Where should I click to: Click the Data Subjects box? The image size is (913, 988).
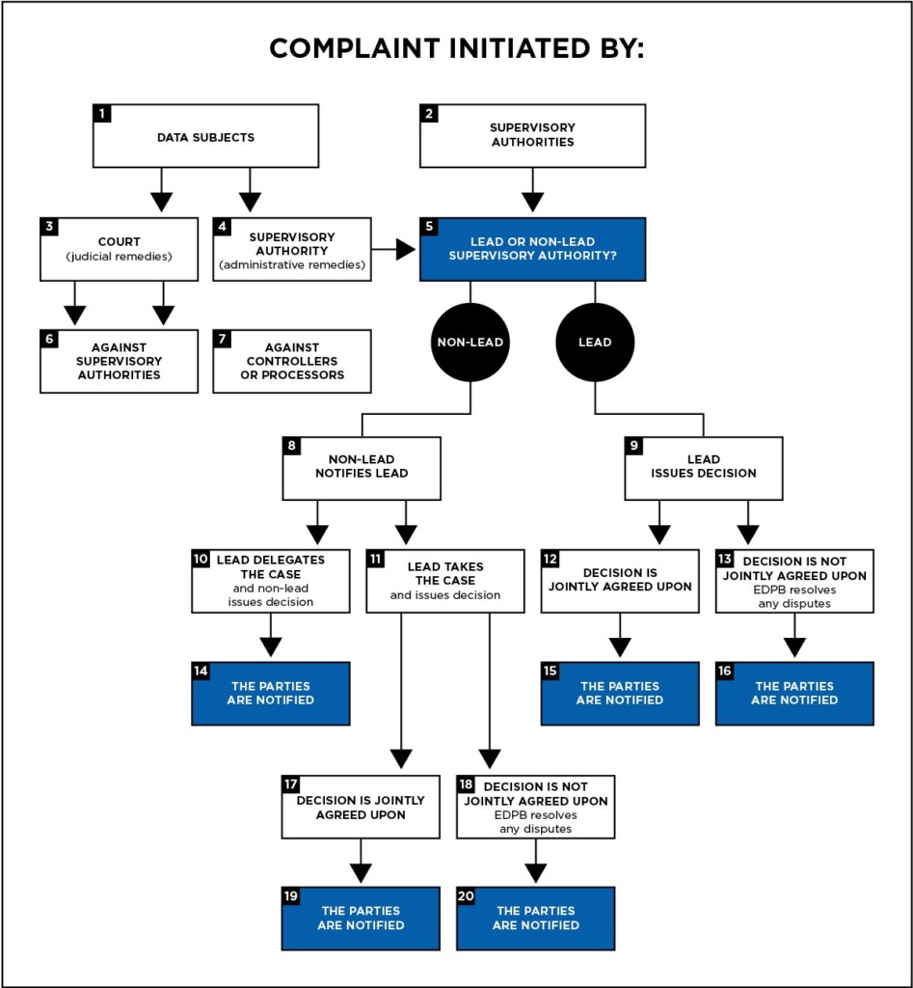205,137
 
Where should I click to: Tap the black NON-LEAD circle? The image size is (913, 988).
470,342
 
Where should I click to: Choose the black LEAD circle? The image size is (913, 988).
595,342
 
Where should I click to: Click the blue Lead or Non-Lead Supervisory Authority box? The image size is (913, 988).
532,249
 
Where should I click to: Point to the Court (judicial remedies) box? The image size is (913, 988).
119,249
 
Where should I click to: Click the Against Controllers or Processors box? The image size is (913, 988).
292,361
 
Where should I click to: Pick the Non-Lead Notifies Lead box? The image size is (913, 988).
362,467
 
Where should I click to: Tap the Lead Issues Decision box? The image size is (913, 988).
703,467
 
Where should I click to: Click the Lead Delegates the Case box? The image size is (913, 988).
271,581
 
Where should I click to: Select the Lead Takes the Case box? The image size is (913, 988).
445,581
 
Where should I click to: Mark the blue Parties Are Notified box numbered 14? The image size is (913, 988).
271,693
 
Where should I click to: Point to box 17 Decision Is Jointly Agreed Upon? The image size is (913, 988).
361,807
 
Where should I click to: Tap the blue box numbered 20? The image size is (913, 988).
535,918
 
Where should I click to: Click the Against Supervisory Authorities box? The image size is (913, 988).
119,361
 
